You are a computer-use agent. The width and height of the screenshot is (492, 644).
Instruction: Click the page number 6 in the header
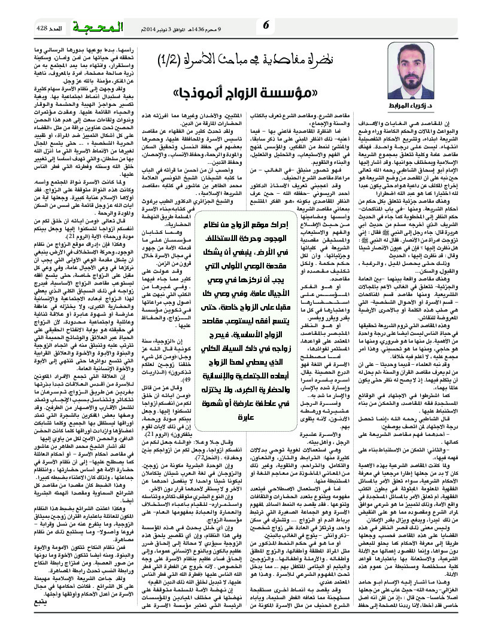point(266,24)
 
